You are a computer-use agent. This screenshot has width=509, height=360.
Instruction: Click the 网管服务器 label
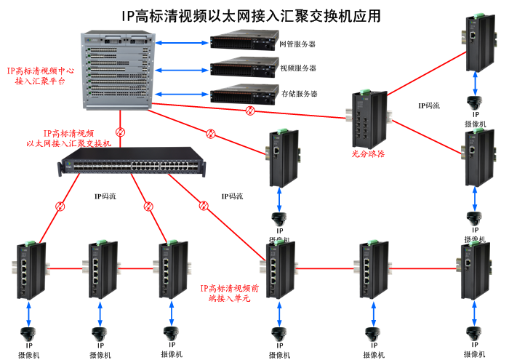(x=297, y=44)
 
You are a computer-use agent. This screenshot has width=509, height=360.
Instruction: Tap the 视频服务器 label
(x=297, y=68)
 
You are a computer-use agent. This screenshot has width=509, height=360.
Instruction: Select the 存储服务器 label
(x=298, y=94)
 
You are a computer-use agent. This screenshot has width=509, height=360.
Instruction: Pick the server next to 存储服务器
(x=242, y=94)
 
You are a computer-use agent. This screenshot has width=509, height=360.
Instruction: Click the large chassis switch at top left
(x=117, y=70)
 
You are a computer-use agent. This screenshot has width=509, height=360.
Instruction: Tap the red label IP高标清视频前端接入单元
(x=229, y=293)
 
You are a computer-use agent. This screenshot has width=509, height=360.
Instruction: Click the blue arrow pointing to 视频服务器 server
(x=182, y=70)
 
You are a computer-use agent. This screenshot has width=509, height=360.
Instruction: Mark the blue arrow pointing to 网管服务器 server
(x=182, y=44)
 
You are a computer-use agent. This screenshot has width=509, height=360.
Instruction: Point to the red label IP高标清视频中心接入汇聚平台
(x=39, y=76)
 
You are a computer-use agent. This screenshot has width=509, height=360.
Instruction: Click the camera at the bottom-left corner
(x=29, y=335)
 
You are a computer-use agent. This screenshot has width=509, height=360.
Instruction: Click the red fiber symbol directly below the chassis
(x=121, y=133)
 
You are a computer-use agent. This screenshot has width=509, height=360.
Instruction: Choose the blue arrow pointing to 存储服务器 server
(x=182, y=94)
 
